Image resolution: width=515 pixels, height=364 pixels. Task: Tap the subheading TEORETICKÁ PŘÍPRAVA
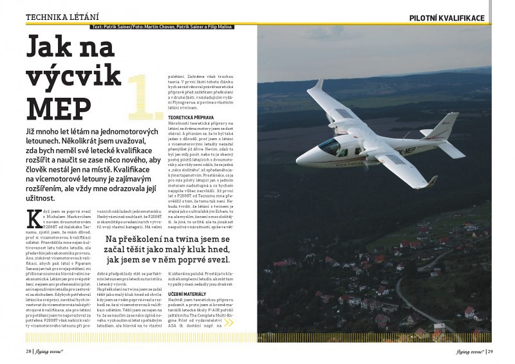[x=191, y=118]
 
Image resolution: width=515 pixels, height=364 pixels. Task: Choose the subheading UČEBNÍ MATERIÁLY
[x=187, y=292]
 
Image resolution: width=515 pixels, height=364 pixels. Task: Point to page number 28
[x=28, y=351]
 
